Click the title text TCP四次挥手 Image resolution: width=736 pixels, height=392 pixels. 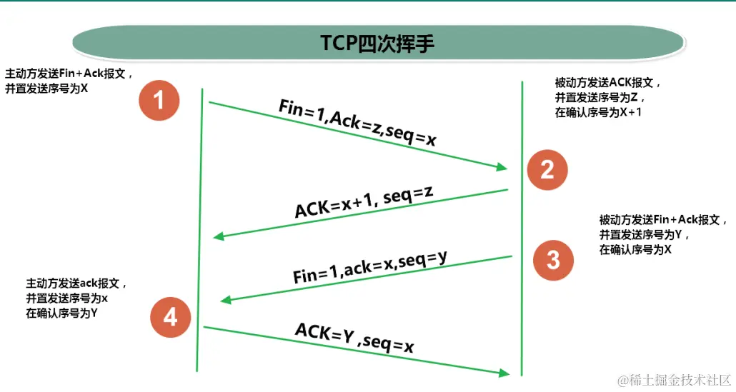[x=377, y=43]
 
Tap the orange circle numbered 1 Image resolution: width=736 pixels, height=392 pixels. [x=159, y=100]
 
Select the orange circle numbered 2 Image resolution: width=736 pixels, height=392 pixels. [x=547, y=169]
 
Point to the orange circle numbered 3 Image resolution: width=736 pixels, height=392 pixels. [x=553, y=260]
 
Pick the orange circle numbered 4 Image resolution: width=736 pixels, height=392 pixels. [x=170, y=316]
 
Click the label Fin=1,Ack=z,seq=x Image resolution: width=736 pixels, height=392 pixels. [x=357, y=123]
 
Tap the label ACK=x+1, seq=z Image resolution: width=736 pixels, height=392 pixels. [x=364, y=202]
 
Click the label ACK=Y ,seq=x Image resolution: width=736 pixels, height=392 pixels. [x=355, y=337]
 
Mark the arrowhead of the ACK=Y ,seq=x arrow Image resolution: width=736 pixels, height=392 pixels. [x=504, y=373]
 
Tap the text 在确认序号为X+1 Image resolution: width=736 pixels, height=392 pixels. [x=598, y=112]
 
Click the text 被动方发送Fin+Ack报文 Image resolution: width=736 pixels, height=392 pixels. [x=658, y=220]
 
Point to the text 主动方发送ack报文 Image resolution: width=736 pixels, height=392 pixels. [x=76, y=283]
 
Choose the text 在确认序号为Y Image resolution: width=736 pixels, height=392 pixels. [x=62, y=313]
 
